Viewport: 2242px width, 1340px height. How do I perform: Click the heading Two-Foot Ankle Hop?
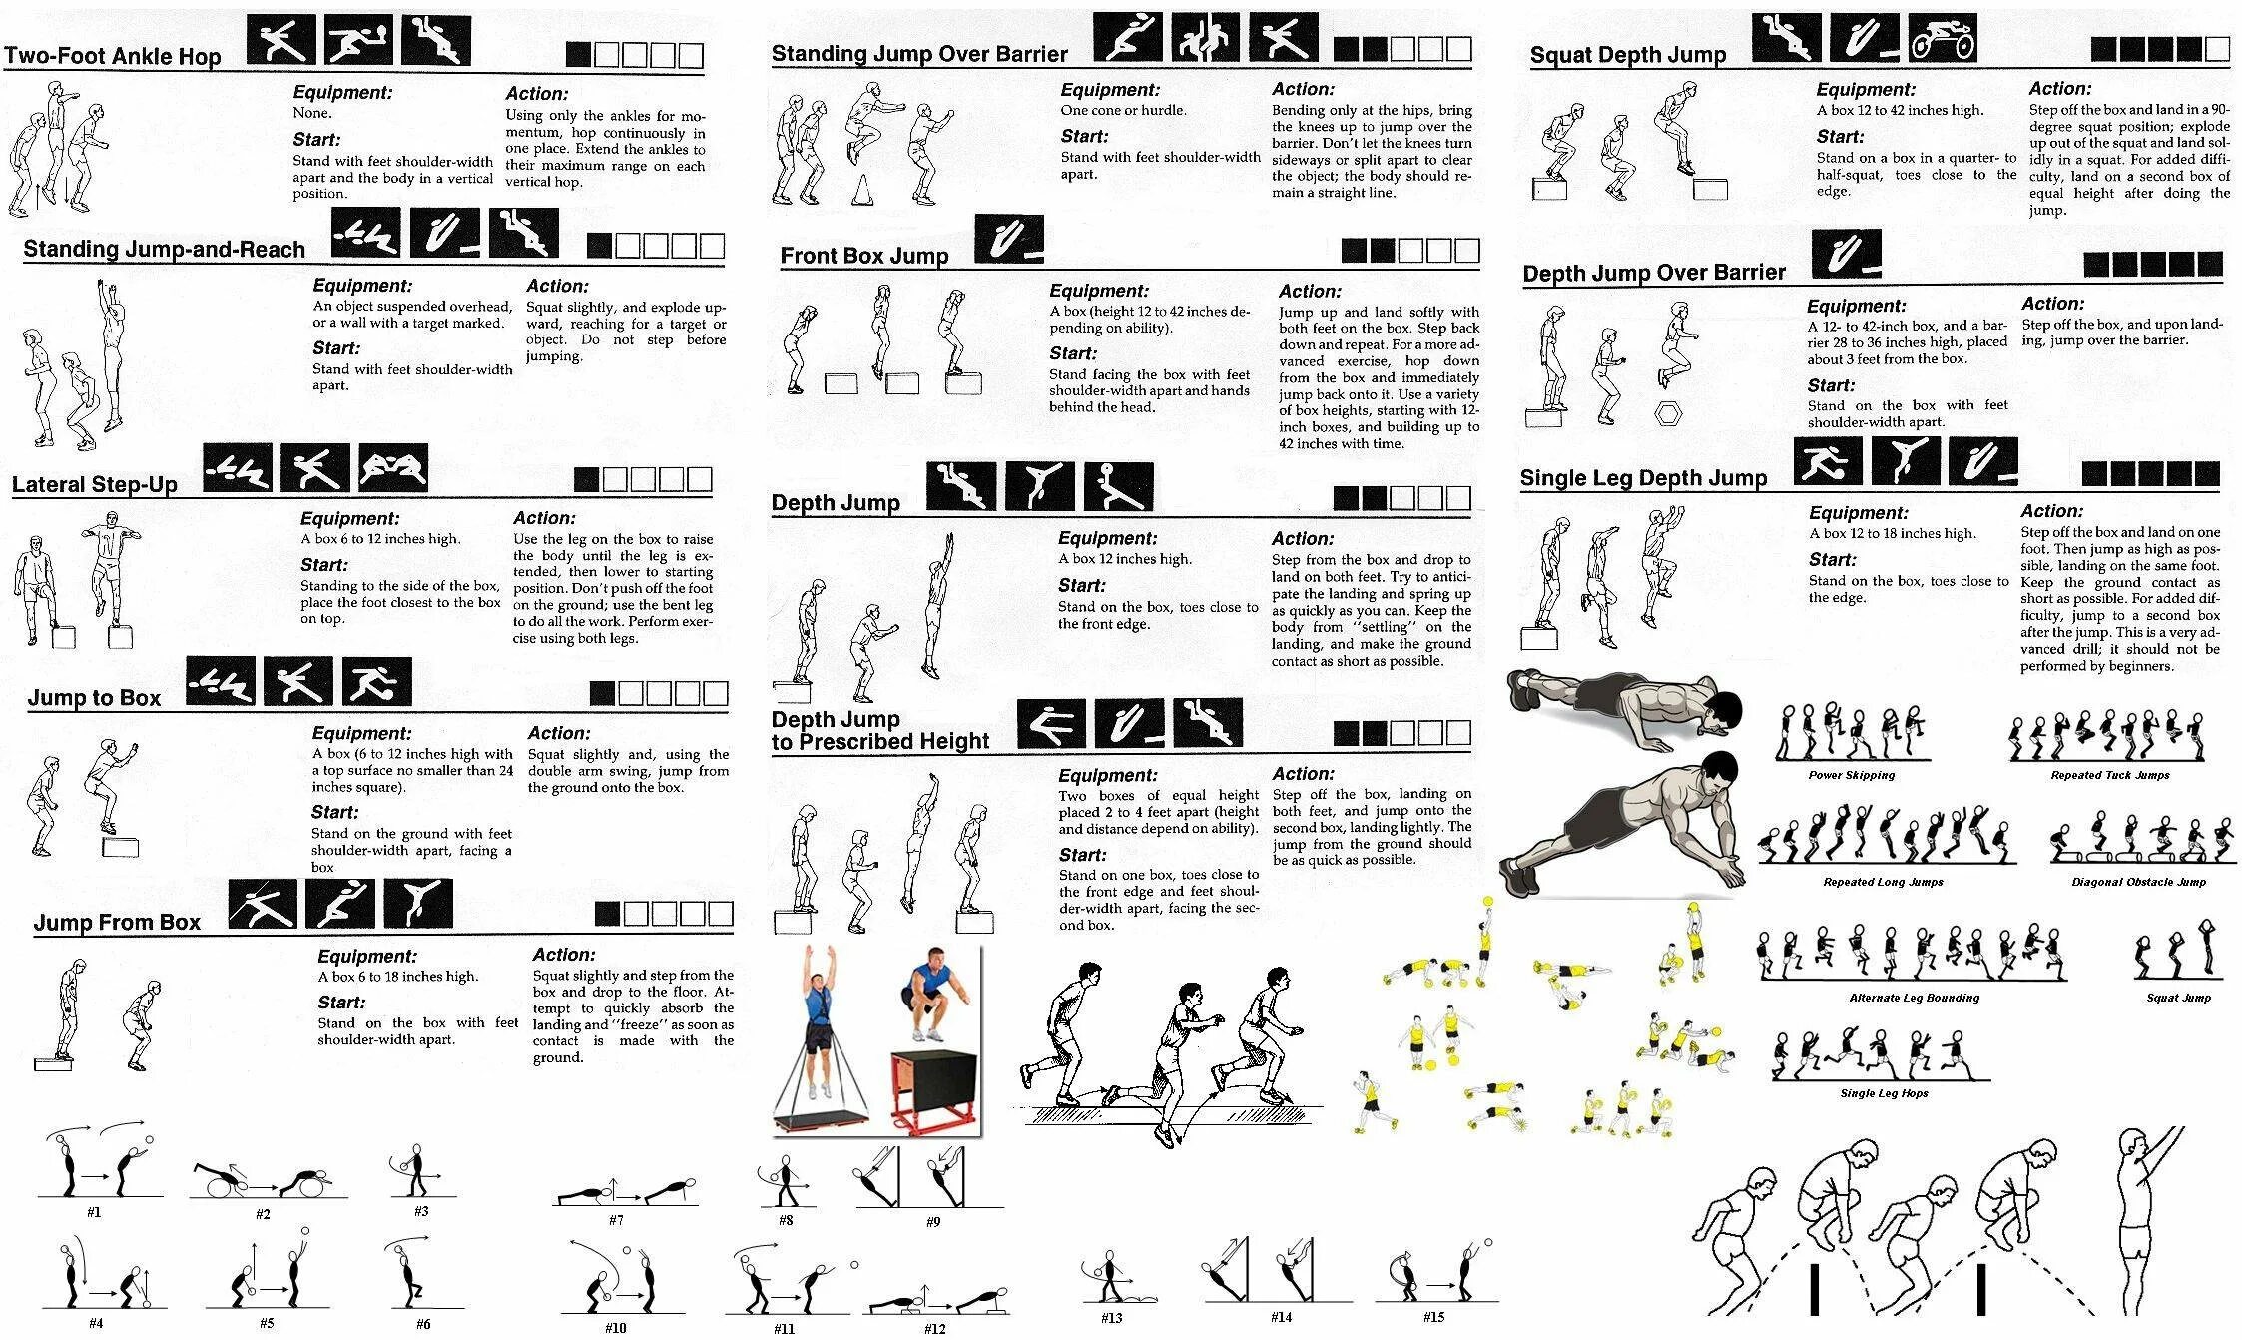click(112, 56)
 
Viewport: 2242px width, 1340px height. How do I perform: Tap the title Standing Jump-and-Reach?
click(165, 249)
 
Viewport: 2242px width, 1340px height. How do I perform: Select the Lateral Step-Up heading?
click(95, 485)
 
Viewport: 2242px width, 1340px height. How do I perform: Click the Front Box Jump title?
click(864, 256)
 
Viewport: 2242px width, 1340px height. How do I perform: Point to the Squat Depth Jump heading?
click(1628, 56)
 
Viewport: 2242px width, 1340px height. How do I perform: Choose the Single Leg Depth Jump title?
click(1643, 478)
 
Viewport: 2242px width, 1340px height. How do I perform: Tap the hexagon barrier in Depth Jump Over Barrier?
click(1667, 412)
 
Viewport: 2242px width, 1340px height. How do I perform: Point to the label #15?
click(1433, 1317)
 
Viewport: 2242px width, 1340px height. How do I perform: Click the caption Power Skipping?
click(1851, 775)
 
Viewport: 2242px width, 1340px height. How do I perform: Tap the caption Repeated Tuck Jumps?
click(2110, 775)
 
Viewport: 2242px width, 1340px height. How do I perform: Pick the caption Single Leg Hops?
click(1884, 1093)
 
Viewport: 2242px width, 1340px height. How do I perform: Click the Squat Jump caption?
click(2178, 998)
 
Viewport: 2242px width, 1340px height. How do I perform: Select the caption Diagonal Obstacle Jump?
click(2138, 882)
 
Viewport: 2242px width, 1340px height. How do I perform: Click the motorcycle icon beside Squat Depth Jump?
click(1943, 40)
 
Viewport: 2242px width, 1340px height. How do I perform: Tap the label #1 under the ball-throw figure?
click(94, 1212)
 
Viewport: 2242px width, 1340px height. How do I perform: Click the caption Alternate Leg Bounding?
click(1914, 998)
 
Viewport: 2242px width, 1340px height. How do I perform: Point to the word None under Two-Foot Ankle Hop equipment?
click(312, 113)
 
